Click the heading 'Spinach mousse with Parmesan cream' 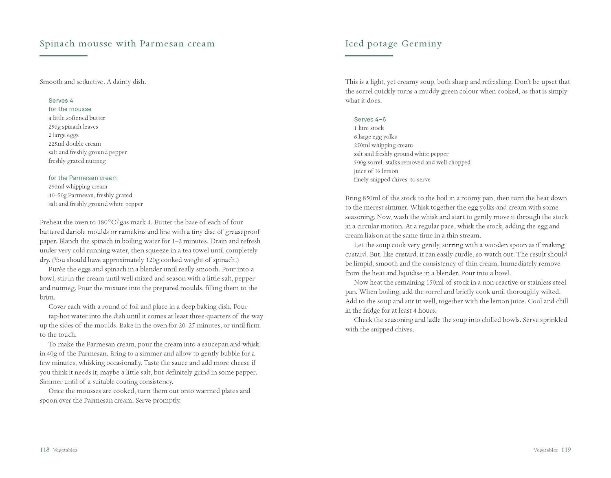(127, 44)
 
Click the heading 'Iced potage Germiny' (393, 44)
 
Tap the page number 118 (44, 450)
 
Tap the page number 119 (566, 450)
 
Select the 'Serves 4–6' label (370, 119)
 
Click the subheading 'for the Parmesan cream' (83, 178)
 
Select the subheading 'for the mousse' (70, 109)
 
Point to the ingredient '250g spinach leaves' (73, 127)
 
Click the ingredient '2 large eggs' (64, 135)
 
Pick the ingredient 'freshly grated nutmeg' (77, 161)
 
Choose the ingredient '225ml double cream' (75, 144)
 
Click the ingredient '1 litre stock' (369, 128)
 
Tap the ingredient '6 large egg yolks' (375, 137)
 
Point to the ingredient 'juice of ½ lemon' (376, 171)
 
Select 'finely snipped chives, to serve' (392, 180)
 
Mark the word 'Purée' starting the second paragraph (57, 269)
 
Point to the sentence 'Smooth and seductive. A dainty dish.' (93, 82)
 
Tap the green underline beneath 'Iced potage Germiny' (369, 55)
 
